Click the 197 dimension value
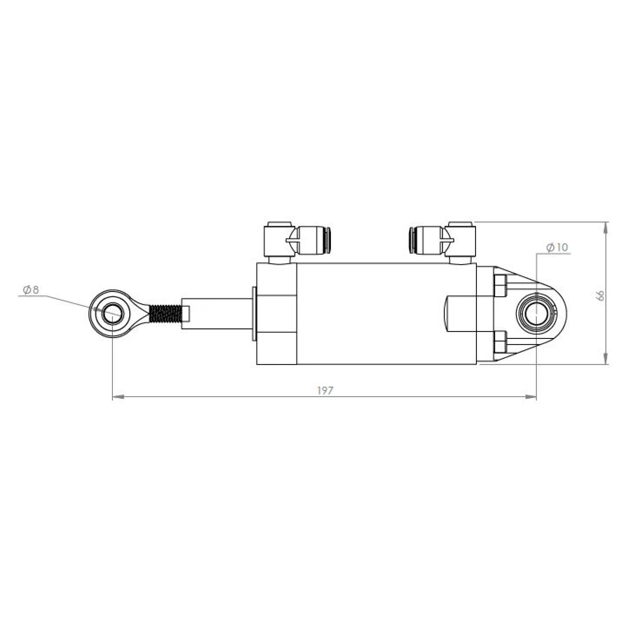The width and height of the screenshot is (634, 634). pos(325,391)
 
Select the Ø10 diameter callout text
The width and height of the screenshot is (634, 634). pos(557,247)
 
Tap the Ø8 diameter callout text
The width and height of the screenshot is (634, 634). pos(31,290)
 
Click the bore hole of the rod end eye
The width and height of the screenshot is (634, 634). pos(113,314)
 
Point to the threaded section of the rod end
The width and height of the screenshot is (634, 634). pos(165,314)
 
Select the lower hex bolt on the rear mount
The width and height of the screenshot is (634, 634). pos(500,342)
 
